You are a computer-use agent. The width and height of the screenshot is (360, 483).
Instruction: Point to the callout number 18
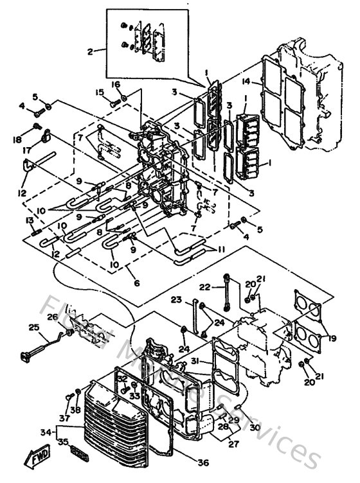click(16, 139)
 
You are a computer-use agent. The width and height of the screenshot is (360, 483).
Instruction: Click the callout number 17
click(27, 150)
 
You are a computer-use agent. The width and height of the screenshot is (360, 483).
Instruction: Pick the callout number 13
click(29, 220)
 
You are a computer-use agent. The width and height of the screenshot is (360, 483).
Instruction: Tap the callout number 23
click(176, 300)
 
